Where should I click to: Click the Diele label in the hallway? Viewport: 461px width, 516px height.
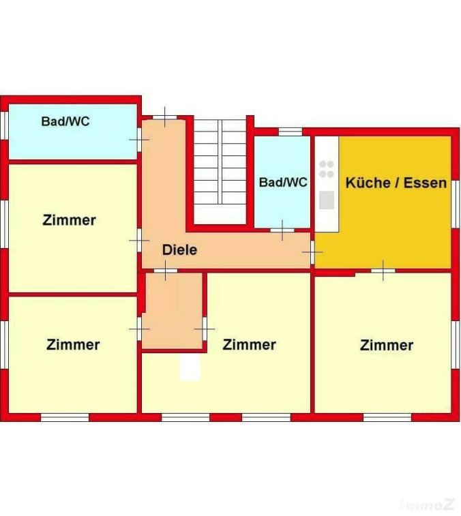click(179, 249)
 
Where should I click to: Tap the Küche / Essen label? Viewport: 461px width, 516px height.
click(396, 183)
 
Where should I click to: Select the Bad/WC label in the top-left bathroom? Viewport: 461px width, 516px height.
click(65, 121)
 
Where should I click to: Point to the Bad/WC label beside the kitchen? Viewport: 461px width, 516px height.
click(283, 182)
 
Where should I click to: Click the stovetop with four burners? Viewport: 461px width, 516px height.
click(327, 169)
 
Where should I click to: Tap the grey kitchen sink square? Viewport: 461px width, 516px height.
click(327, 200)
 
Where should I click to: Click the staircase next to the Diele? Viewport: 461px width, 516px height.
click(220, 172)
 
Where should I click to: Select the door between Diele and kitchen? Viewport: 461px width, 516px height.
click(312, 252)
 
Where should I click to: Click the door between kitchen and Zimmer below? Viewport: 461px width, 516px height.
click(383, 271)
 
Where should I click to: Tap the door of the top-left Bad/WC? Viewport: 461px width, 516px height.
click(139, 140)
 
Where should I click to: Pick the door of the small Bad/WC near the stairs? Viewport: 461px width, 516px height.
click(282, 230)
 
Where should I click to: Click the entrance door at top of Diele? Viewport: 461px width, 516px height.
click(164, 117)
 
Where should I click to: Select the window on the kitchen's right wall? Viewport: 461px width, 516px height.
click(456, 204)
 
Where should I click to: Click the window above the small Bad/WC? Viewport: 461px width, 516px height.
click(291, 132)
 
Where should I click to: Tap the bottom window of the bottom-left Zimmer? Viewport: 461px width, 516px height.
click(65, 417)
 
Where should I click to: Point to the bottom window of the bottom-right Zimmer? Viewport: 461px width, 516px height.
click(387, 417)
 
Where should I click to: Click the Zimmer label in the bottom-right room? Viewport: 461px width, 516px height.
click(387, 345)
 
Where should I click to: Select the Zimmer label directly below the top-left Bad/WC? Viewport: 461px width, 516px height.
click(69, 219)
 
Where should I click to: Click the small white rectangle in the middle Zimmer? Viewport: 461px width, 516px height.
click(190, 367)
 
